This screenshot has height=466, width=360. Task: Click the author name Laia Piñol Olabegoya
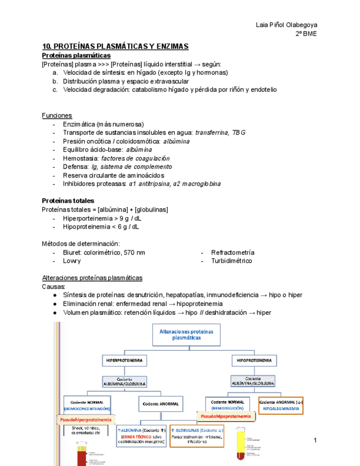click(x=287, y=25)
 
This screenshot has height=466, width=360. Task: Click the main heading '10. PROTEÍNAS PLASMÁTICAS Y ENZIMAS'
click(x=115, y=46)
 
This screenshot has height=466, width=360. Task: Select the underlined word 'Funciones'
click(x=57, y=115)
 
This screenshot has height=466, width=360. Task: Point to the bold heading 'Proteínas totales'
click(x=68, y=201)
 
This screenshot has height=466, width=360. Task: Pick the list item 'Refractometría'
click(x=232, y=252)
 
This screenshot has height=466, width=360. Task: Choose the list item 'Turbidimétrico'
click(x=231, y=261)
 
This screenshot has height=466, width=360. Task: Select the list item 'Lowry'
click(x=72, y=261)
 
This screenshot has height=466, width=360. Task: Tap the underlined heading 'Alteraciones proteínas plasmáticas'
click(x=92, y=278)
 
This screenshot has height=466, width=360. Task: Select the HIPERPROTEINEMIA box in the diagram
click(x=124, y=360)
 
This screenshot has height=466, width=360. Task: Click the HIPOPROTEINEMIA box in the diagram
click(x=253, y=360)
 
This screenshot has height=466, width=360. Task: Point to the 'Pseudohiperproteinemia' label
click(x=86, y=420)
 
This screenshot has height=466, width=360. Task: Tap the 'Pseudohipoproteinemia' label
click(x=226, y=417)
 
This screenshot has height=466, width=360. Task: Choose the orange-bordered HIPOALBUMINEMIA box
click(x=280, y=405)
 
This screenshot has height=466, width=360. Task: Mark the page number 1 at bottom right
click(x=316, y=441)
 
